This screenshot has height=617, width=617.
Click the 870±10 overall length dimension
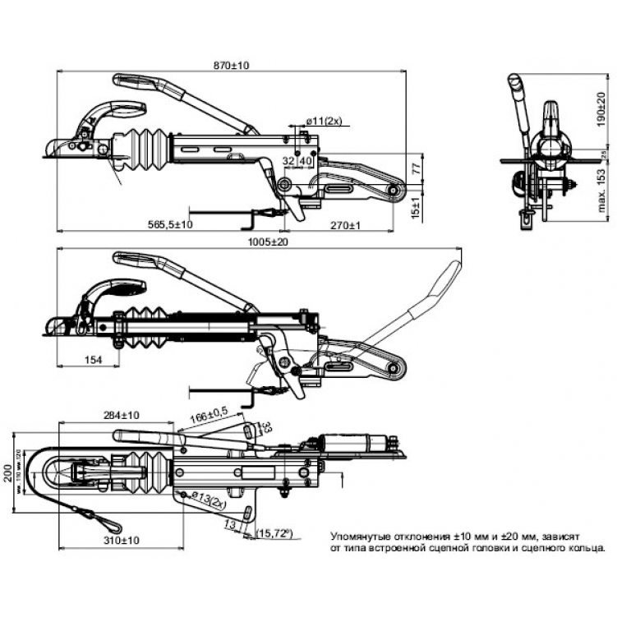click(233, 65)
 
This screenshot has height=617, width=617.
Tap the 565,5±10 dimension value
click(170, 223)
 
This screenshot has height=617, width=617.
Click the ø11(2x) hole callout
click(323, 122)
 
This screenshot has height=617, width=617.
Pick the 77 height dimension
click(416, 168)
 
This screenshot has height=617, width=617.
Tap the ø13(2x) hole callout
click(209, 498)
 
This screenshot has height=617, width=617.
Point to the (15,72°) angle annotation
click(276, 533)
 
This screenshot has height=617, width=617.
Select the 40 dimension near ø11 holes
click(305, 161)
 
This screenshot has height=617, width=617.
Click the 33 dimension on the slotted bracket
click(265, 427)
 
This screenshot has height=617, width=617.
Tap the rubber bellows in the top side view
click(145, 150)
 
